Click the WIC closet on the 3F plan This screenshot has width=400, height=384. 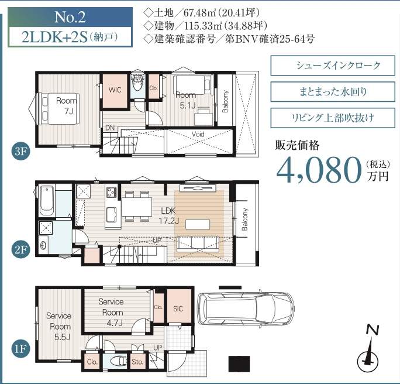pyautogui.click(x=115, y=91)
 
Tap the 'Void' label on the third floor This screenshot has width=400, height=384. pyautogui.click(x=198, y=134)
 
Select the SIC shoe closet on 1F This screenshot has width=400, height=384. pyautogui.click(x=179, y=306)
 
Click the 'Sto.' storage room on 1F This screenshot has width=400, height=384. pyautogui.click(x=138, y=361)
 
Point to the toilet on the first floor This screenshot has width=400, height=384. pyautogui.click(x=119, y=361)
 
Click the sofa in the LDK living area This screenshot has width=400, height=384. pyautogui.click(x=198, y=244)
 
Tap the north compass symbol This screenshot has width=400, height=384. pyautogui.click(x=367, y=352)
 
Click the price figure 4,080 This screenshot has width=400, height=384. pyautogui.click(x=319, y=170)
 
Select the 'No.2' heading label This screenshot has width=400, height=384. pyautogui.click(x=70, y=17)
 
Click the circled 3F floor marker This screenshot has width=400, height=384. pyautogui.click(x=20, y=151)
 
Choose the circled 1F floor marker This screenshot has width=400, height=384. pyautogui.click(x=20, y=348)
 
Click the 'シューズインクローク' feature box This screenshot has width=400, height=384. pyautogui.click(x=333, y=66)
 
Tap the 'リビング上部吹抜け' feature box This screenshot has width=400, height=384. pyautogui.click(x=333, y=118)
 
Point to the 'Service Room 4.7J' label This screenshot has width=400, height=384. pyautogui.click(x=112, y=312)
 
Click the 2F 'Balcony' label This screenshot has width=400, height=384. pyautogui.click(x=244, y=220)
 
